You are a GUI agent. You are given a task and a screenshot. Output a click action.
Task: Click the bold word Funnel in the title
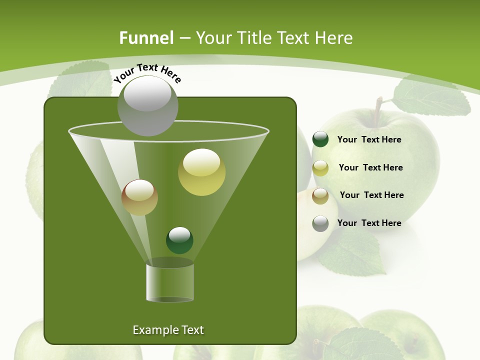pos(146,38)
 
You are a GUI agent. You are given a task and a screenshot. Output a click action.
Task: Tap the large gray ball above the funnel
pos(148,106)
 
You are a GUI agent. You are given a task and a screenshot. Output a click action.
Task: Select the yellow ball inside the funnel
pos(202,172)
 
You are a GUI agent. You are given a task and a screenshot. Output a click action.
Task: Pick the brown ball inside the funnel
pos(139,197)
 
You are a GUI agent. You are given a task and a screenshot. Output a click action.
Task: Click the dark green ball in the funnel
pos(179,240)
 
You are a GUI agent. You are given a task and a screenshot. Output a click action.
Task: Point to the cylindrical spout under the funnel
pos(169,282)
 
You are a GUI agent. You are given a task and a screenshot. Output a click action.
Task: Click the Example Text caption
pos(168,330)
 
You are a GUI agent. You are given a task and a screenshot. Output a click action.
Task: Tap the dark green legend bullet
pos(320,139)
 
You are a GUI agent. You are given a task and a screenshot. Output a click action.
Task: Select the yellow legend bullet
pos(320,168)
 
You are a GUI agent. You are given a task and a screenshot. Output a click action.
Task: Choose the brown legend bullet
pos(320,196)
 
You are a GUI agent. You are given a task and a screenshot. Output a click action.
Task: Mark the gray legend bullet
pos(320,223)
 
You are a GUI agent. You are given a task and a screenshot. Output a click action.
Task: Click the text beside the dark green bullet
pos(369,139)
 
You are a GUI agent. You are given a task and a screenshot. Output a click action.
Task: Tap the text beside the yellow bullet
pos(370,167)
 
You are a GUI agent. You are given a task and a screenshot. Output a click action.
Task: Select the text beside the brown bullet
pos(371,195)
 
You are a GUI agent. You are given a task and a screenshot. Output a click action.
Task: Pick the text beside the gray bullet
pos(369,223)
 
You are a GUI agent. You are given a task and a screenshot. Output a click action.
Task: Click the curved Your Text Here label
pos(147,72)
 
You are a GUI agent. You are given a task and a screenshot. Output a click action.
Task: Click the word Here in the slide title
pos(334,38)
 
